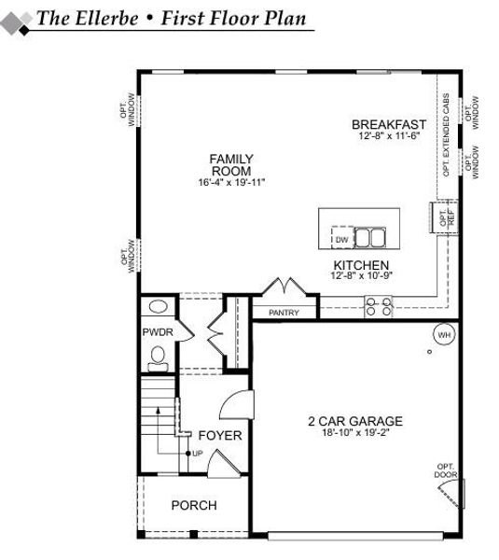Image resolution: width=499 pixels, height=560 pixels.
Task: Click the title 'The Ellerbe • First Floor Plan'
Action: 172,20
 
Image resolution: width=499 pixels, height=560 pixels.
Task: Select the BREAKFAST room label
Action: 389,124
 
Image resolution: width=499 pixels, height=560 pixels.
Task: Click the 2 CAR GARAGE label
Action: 355,421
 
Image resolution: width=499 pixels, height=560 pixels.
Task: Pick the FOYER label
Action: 220,436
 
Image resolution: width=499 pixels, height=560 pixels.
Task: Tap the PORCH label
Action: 194,505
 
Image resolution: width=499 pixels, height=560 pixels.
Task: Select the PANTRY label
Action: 284,313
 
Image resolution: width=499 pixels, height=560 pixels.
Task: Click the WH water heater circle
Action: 444,334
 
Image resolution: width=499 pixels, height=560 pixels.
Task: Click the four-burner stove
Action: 378,303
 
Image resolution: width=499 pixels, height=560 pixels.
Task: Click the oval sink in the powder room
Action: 158,306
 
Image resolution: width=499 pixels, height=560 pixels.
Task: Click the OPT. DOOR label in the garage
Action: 445,471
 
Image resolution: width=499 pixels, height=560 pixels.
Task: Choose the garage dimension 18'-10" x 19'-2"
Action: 355,433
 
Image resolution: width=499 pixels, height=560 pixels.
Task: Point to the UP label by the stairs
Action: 197,453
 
